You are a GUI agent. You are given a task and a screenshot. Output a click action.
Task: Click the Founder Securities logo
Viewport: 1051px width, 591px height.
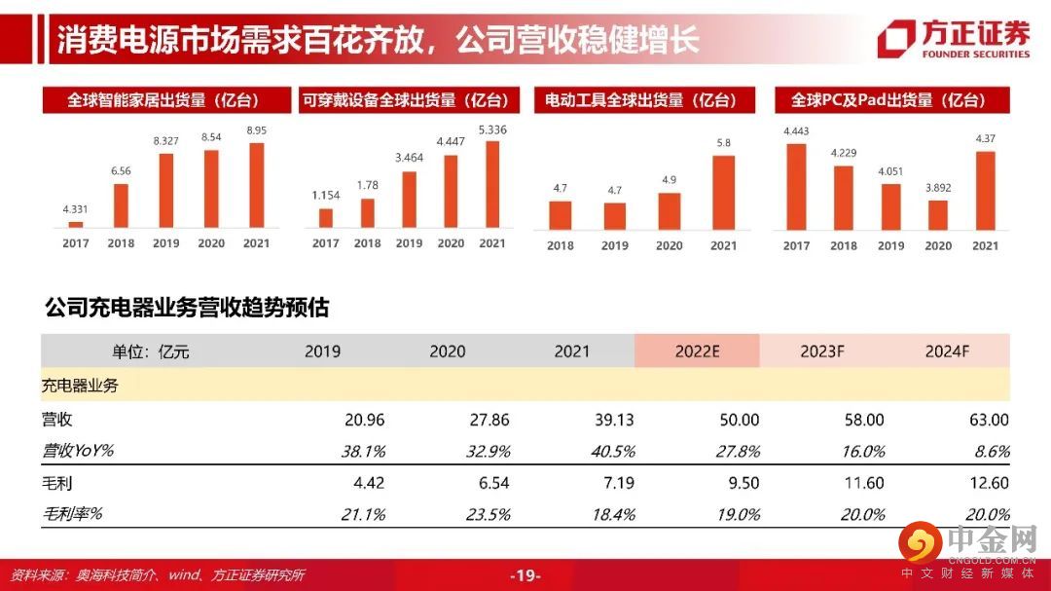tap(953, 38)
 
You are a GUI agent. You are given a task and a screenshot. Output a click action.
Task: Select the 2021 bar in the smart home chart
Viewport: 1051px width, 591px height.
tap(257, 185)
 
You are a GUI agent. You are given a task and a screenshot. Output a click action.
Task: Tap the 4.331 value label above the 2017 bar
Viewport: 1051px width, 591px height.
tap(75, 208)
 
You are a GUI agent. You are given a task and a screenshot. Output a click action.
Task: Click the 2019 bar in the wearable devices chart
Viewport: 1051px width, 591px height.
tap(410, 199)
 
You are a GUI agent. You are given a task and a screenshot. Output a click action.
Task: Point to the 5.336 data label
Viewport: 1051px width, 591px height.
tap(492, 129)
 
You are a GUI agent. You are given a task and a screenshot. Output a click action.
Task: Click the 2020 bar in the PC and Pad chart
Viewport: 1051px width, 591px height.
tap(938, 213)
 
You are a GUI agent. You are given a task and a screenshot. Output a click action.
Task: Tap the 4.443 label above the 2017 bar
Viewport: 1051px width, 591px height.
tap(796, 131)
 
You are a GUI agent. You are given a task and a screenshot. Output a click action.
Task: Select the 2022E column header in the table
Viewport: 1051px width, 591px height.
tap(697, 351)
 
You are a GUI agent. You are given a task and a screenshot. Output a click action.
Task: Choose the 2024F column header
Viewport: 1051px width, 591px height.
tap(948, 351)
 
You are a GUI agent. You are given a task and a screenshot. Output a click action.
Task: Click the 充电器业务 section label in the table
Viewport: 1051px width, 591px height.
tap(80, 386)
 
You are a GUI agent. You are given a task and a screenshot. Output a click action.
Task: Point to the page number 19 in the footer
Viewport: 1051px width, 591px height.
tap(525, 575)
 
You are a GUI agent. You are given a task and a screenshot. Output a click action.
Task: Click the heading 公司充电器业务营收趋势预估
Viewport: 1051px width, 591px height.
tap(187, 308)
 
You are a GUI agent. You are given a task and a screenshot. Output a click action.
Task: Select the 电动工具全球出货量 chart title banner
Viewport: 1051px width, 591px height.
tap(639, 99)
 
